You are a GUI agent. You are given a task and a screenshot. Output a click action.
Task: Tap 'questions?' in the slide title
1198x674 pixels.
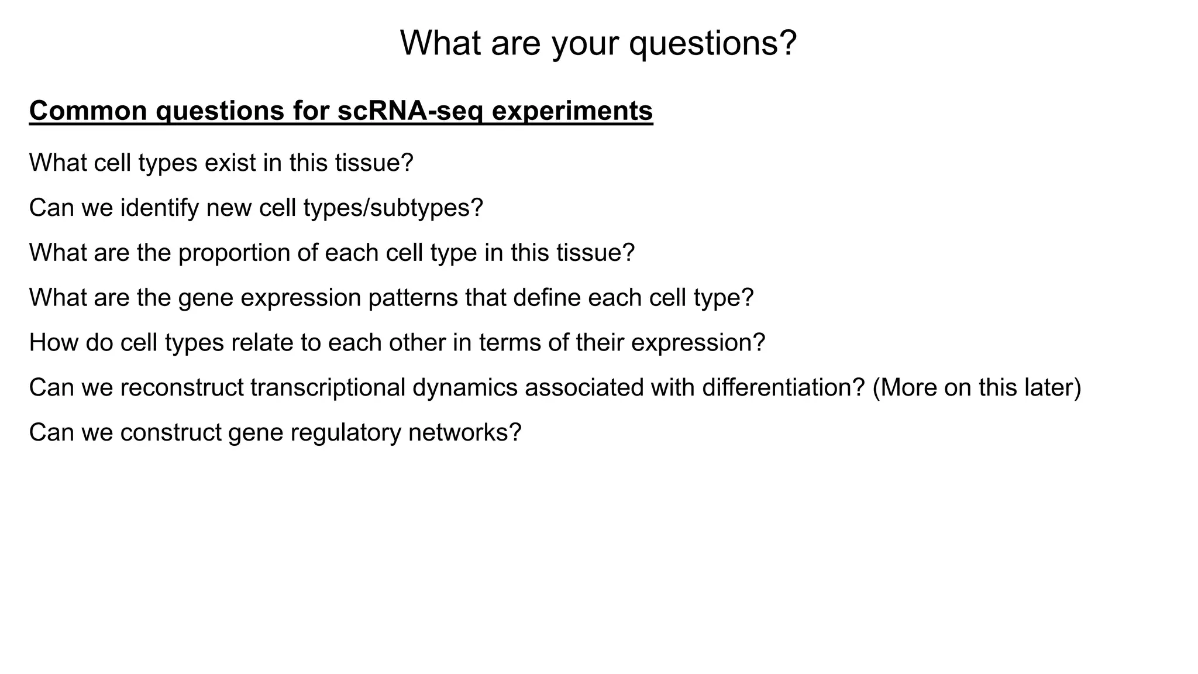coord(713,43)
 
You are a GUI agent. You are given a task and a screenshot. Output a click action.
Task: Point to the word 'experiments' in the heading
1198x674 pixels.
coord(572,111)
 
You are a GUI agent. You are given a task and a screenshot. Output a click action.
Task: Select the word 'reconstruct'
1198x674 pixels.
coord(182,387)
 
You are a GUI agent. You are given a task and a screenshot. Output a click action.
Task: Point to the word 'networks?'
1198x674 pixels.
coord(464,433)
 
